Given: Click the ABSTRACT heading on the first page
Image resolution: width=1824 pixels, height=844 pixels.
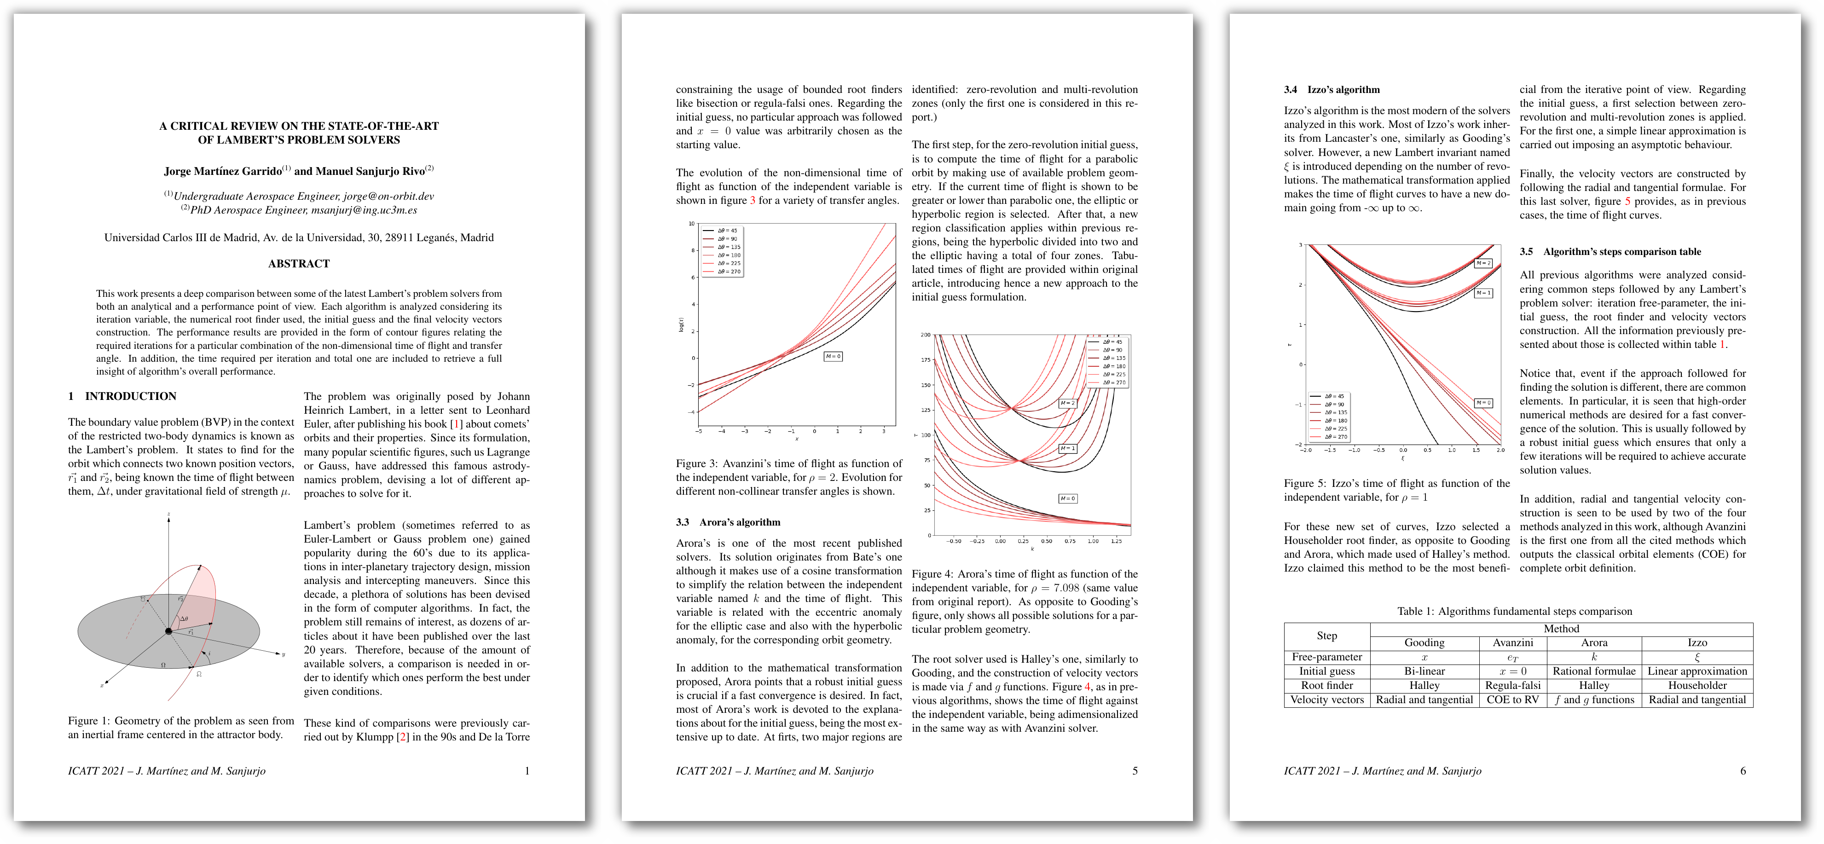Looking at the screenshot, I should [299, 263].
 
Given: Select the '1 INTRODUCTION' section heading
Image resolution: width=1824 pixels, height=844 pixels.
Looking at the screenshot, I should [122, 396].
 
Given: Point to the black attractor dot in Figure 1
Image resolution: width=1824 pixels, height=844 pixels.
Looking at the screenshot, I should [168, 631].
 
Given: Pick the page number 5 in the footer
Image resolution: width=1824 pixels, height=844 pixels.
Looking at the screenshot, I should [1135, 770].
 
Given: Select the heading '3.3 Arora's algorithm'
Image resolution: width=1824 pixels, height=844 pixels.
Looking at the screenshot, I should [728, 522].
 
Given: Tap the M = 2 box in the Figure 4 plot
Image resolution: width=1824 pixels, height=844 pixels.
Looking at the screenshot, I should [1067, 403].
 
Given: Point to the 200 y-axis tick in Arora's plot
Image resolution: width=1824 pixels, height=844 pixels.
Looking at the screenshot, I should [926, 335].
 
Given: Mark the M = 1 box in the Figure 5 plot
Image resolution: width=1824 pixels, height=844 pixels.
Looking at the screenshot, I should [1482, 292].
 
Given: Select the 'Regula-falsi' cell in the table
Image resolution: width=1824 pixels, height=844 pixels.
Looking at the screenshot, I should [1512, 685].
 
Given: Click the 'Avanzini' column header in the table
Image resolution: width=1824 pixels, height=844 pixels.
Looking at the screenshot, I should [1512, 642].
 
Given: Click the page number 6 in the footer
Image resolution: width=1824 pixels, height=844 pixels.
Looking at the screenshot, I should [1743, 770].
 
